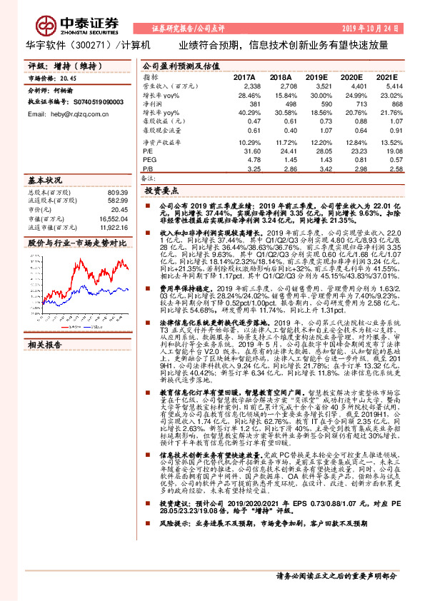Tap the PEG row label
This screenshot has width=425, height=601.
tap(149, 160)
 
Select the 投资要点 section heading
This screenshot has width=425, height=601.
tap(161, 191)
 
